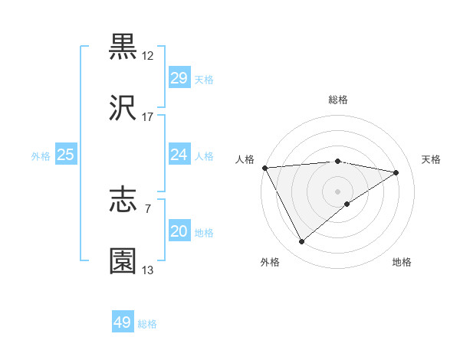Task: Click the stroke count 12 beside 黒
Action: coord(148,56)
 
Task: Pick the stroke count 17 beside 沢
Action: coord(148,117)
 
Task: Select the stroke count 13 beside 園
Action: coord(148,270)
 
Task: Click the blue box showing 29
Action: coord(179,78)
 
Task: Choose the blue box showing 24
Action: coord(179,155)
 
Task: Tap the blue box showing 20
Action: coord(179,231)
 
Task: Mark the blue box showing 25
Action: coord(66,155)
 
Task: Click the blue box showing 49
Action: coord(123,322)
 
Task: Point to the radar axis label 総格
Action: coord(338,100)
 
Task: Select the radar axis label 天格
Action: coord(431,159)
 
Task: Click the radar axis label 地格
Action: coord(402,262)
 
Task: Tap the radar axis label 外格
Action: coord(270,262)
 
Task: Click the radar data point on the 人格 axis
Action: coord(264,168)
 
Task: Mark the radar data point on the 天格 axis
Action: coord(396,172)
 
